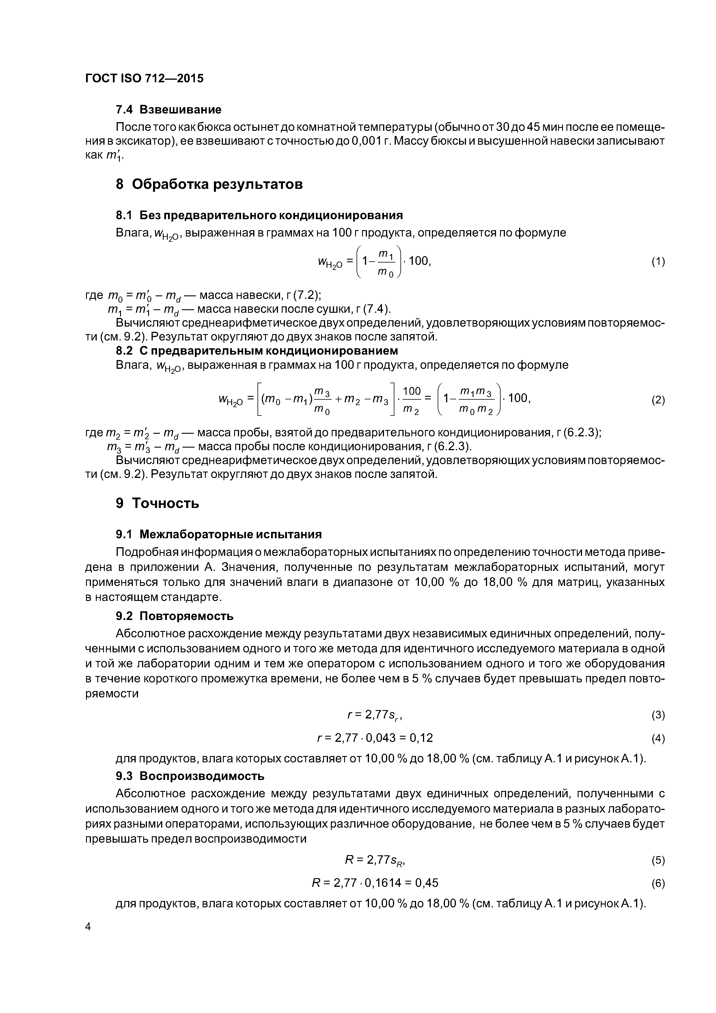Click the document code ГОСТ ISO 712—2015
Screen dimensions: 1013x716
click(144, 79)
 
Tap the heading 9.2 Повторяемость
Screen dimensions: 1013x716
click(174, 616)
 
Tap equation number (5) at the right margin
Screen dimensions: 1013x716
click(658, 860)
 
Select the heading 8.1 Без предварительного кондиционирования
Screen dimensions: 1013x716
click(259, 215)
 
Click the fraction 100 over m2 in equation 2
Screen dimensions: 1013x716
click(412, 400)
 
